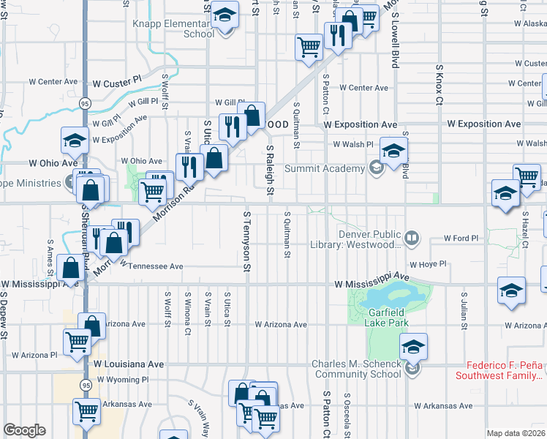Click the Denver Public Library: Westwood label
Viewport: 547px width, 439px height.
tap(369, 239)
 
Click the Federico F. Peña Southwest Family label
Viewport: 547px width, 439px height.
tap(501, 369)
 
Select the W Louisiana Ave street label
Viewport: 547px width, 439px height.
tap(129, 363)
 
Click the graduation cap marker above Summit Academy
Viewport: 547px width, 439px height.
tap(393, 151)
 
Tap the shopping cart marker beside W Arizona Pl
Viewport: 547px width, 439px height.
tap(78, 342)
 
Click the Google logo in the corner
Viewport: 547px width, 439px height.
tap(24, 430)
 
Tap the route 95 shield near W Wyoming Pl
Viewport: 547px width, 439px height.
tap(86, 384)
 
